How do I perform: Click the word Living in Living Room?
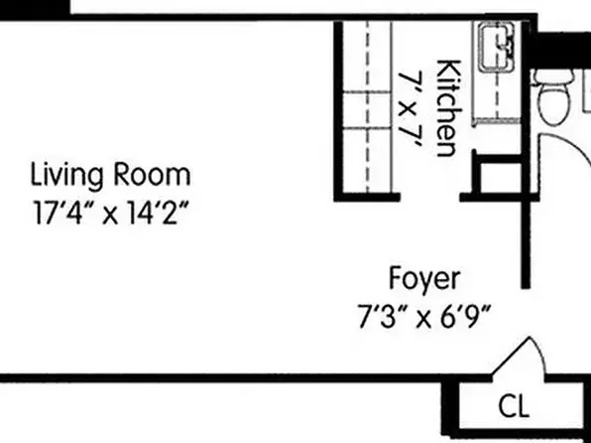pos(66,177)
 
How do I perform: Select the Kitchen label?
pos(447,108)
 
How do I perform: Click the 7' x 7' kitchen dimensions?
pos(412,108)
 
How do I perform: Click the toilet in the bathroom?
pos(551,99)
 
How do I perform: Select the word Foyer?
pos(423,277)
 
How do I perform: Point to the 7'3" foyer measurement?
pos(379,319)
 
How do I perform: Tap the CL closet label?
pos(513,406)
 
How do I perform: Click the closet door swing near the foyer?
pos(524,357)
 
